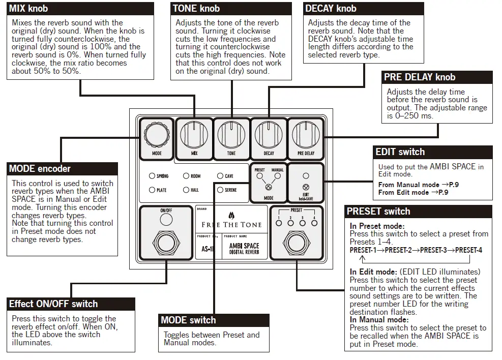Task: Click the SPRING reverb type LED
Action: tap(152, 176)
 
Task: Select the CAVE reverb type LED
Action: tap(220, 176)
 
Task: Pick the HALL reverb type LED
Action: tap(186, 190)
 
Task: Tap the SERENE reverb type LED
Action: tap(220, 190)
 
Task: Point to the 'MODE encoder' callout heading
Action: tap(40, 169)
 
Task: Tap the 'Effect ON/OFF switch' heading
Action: tap(53, 304)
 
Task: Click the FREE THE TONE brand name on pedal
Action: tap(231, 224)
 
